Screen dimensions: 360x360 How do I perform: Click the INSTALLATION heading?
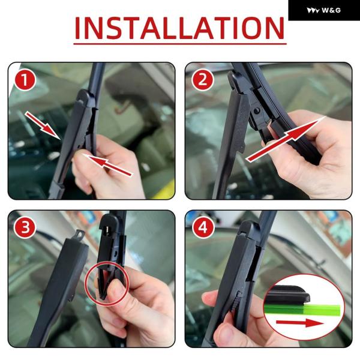coord(180,28)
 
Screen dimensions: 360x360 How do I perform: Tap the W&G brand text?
coord(331,10)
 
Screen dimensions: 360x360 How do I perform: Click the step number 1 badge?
coord(25,80)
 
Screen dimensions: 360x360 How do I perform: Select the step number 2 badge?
coord(203,80)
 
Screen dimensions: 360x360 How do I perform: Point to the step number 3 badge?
coord(25,228)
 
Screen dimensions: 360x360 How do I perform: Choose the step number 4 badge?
coord(203,228)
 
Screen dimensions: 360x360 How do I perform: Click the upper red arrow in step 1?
coord(43,125)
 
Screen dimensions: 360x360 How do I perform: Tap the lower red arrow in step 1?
coord(108,165)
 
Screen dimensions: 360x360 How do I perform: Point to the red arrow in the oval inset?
coord(299,323)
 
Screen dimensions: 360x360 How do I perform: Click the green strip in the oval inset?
coord(302,309)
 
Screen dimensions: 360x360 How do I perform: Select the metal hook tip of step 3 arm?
coord(79,235)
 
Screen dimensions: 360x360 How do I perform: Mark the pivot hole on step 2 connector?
coord(257,110)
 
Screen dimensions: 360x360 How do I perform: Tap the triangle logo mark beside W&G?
coord(313,11)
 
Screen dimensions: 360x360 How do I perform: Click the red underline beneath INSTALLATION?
coord(180,43)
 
